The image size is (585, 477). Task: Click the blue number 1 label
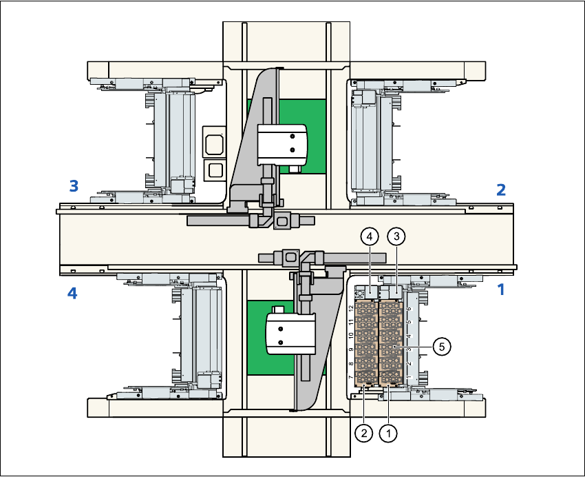(501, 290)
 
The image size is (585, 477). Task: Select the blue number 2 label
(501, 190)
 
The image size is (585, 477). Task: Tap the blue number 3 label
(73, 185)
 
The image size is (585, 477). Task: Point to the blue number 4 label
(72, 294)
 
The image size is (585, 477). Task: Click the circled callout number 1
(389, 433)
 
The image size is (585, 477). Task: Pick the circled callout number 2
(363, 433)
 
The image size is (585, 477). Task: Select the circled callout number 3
(396, 236)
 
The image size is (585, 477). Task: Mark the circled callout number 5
(442, 346)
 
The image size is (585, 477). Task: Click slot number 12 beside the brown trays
(351, 309)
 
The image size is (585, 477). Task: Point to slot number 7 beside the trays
(351, 378)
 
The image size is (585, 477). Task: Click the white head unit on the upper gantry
(280, 143)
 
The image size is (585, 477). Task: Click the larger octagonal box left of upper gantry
(213, 143)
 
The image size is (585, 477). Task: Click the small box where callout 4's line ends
(371, 293)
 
